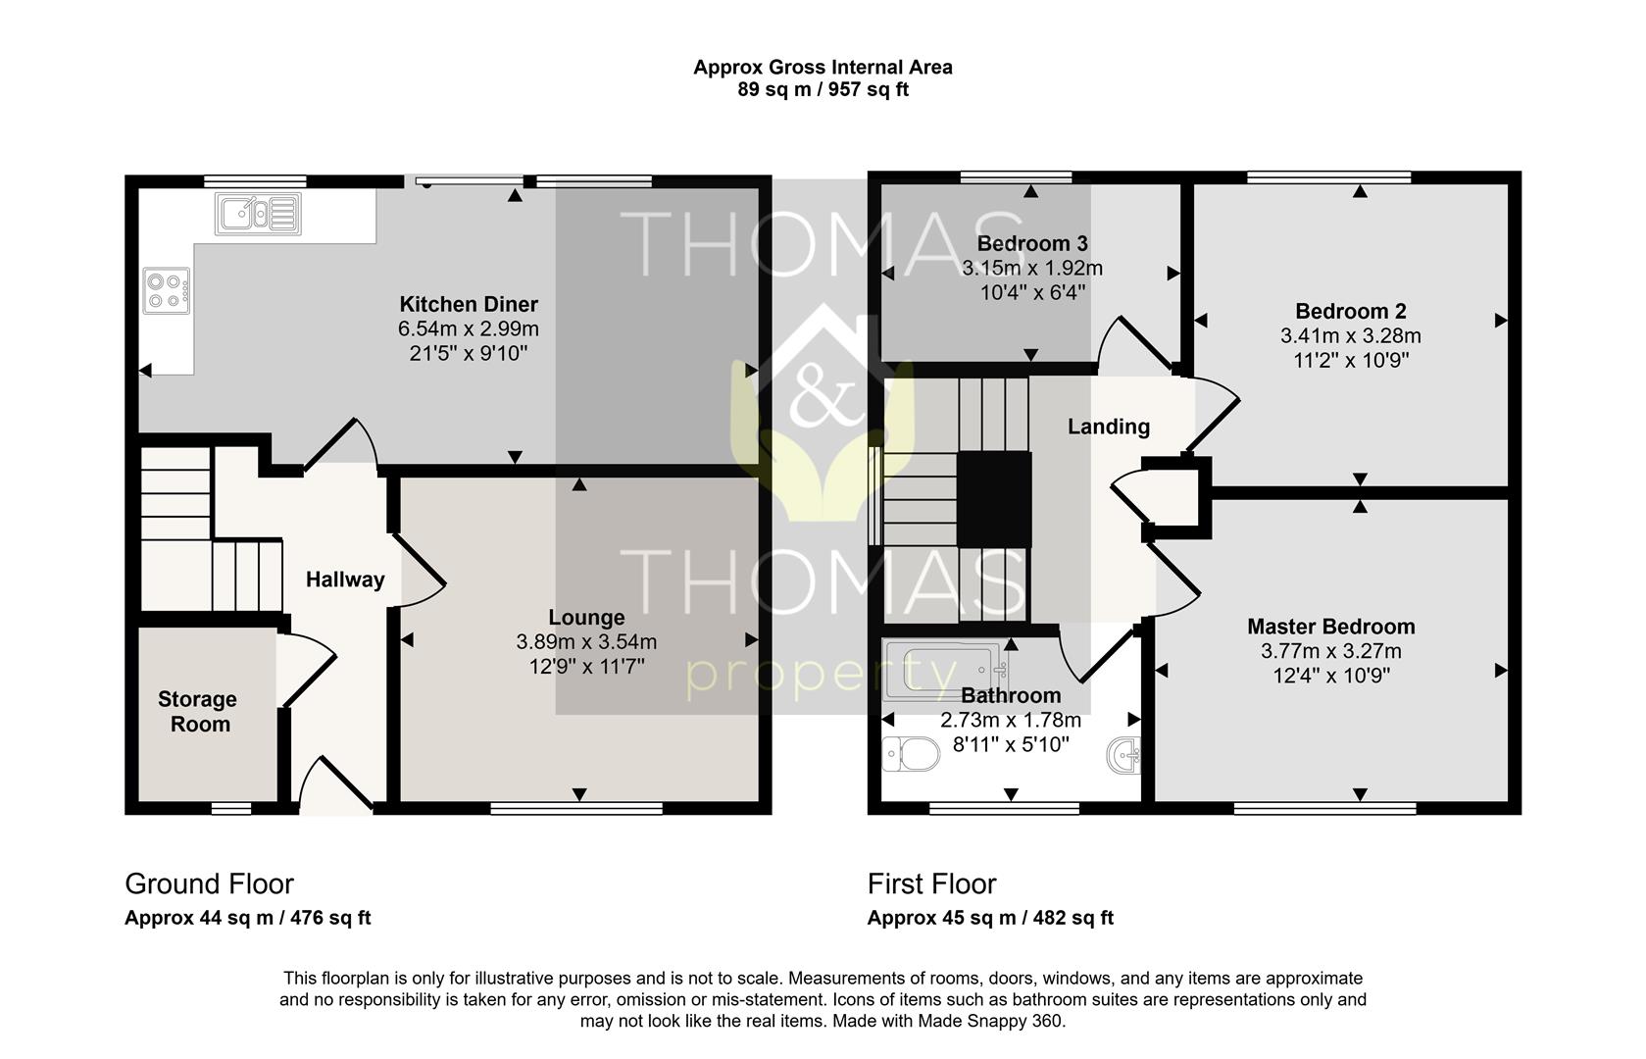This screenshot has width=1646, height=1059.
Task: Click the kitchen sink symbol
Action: point(258,214)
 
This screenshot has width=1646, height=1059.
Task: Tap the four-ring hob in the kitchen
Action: point(166,291)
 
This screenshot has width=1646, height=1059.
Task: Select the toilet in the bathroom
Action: point(911,754)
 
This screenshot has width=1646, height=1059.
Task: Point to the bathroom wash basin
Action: point(1124,756)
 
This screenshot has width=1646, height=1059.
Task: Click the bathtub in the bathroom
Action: point(946,671)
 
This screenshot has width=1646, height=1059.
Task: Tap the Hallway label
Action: point(345,580)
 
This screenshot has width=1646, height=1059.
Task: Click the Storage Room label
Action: point(198,711)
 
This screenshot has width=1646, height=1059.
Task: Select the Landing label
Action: point(1108,427)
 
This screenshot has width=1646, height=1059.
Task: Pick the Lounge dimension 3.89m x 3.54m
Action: point(586,641)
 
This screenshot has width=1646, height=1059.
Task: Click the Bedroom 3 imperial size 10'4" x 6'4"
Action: point(1032,292)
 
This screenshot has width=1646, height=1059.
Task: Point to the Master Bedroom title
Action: point(1330,627)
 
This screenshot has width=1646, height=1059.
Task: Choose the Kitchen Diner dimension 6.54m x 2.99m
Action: point(469,328)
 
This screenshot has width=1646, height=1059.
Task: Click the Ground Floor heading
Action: point(210,883)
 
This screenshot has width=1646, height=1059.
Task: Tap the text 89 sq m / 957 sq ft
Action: point(823,89)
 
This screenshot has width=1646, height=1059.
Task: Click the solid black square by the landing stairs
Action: point(994,499)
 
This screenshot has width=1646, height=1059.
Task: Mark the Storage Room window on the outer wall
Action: point(231,808)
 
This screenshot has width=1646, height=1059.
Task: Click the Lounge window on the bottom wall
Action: point(576,808)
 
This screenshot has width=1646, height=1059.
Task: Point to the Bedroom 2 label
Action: point(1351,312)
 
